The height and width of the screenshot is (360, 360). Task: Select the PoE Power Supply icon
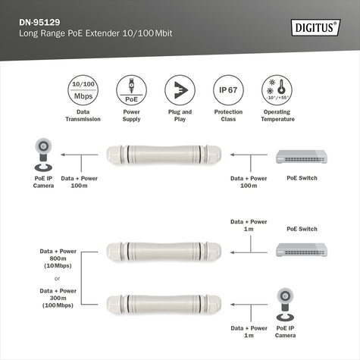[131, 91]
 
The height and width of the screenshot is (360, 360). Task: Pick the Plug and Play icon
[179, 91]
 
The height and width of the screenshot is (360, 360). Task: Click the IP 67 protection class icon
[227, 91]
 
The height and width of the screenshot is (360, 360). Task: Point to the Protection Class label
[227, 115]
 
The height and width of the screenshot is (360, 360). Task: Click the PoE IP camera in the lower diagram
[286, 305]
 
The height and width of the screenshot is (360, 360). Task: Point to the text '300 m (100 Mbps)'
[58, 301]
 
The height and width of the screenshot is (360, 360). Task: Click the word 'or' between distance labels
[58, 277]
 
